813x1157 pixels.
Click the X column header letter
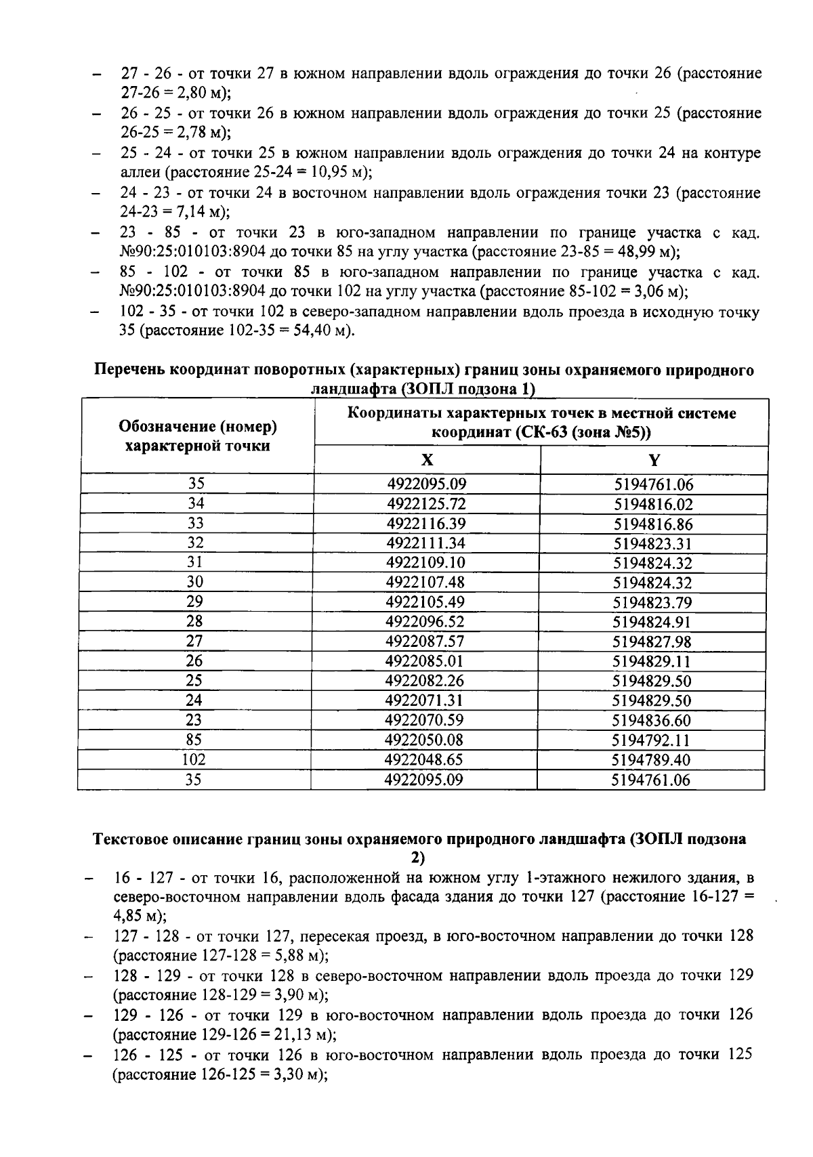click(x=427, y=461)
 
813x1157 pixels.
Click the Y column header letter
click(x=654, y=461)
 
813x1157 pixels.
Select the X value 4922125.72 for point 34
click(x=426, y=504)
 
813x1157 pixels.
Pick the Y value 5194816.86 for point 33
click(x=653, y=524)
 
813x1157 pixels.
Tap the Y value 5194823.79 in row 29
click(x=652, y=603)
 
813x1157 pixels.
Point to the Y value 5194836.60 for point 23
click(x=652, y=721)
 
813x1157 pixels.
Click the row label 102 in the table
click(x=194, y=760)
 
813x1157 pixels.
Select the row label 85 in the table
click(x=194, y=740)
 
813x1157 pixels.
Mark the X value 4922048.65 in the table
click(x=424, y=760)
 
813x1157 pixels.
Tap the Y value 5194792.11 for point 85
click(x=651, y=740)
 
